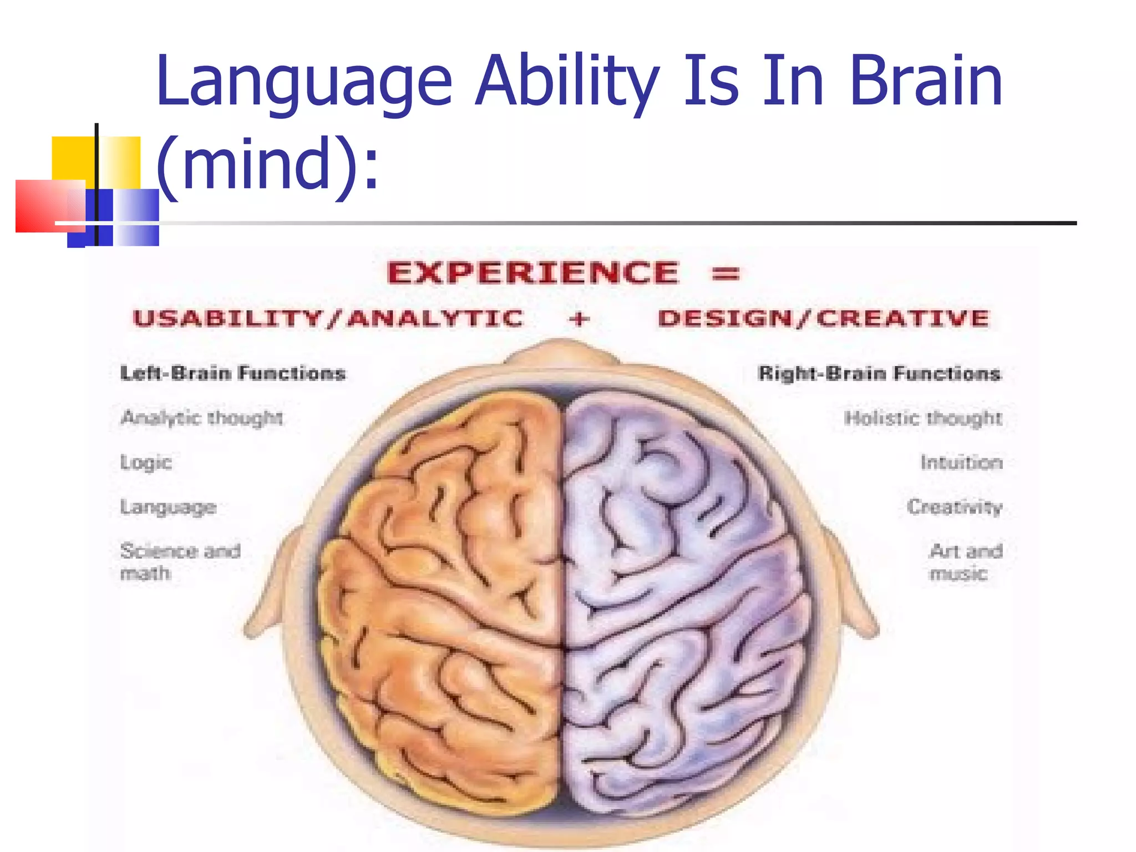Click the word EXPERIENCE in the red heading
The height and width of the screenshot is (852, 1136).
click(532, 273)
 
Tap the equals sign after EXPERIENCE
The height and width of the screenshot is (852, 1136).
click(726, 273)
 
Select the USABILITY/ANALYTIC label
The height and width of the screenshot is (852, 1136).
click(328, 318)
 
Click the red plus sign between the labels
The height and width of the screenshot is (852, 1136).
click(579, 319)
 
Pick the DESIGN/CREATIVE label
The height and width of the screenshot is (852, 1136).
click(824, 318)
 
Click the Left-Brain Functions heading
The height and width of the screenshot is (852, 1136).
click(233, 373)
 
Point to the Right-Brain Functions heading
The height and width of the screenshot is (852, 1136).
click(879, 373)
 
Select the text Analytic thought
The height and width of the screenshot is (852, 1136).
click(202, 418)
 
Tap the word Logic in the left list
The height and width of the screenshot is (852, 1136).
click(146, 462)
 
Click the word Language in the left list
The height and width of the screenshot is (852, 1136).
click(168, 507)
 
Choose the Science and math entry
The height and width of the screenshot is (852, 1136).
click(180, 561)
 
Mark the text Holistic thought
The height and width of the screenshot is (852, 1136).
click(923, 418)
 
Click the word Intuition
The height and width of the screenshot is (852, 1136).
click(961, 462)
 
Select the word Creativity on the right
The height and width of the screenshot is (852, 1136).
click(955, 506)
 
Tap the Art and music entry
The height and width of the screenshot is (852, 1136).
click(966, 561)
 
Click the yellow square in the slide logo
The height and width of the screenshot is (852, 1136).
click(72, 158)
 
